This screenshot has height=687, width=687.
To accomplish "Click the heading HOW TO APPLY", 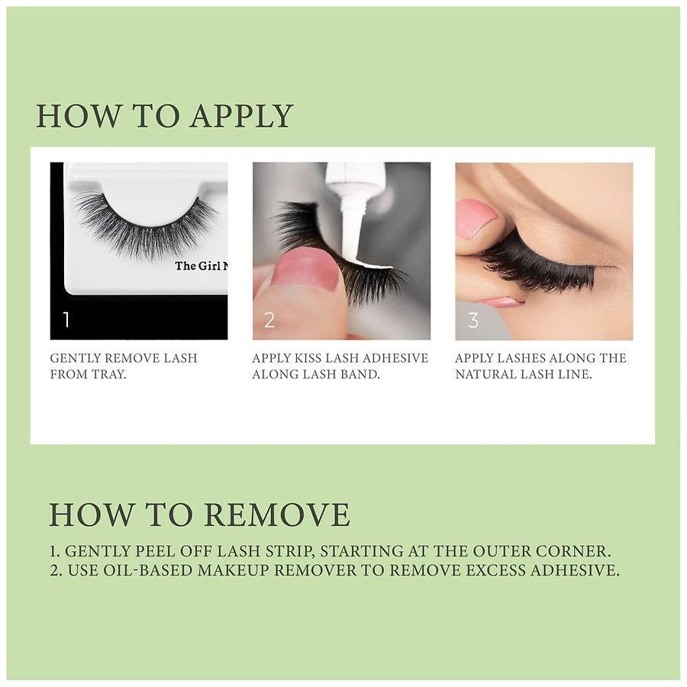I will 164,115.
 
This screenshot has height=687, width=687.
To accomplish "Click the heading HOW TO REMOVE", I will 199,514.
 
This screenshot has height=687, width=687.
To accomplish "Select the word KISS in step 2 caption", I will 304,358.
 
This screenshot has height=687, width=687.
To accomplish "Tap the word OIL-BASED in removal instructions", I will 128,570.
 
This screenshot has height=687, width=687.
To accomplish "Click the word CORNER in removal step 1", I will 579,550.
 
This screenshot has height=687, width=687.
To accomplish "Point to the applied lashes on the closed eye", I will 542,271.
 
